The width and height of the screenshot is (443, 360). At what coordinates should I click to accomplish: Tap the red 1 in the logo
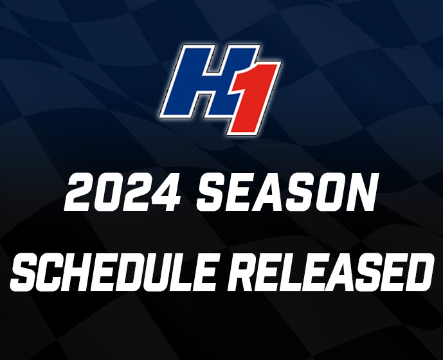pos(251,99)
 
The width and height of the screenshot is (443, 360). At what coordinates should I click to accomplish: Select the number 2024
pos(123,192)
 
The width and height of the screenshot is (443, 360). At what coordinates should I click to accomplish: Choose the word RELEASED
pos(330,272)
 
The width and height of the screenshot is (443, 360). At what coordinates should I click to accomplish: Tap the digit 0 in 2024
pos(108,192)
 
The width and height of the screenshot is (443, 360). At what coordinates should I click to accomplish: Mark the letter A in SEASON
pos(271,192)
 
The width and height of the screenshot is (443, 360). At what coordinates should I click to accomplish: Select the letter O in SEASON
pos(331,192)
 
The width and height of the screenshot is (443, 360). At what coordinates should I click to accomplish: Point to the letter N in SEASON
pos(363,192)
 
